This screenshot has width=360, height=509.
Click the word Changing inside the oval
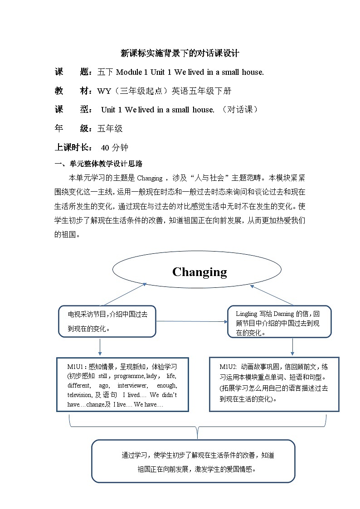(199, 272)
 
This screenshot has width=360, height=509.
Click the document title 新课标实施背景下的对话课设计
(180, 53)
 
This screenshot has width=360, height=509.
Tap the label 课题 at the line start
(71, 72)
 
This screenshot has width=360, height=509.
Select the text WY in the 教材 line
(104, 91)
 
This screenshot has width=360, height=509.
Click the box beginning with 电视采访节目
(107, 321)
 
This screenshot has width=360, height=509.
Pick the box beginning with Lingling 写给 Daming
(279, 321)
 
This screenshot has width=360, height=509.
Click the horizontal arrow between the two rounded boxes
(191, 321)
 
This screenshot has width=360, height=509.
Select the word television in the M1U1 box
(80, 395)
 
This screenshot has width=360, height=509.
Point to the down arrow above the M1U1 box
(100, 347)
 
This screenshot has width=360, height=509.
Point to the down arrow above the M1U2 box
(292, 347)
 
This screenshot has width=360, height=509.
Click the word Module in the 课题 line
(132, 72)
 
